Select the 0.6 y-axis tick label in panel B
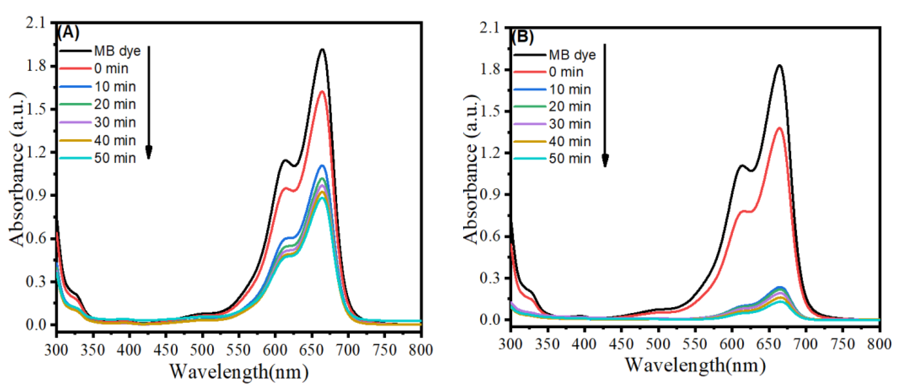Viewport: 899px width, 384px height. (x=489, y=236)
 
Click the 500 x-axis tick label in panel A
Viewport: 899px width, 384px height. (x=202, y=350)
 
